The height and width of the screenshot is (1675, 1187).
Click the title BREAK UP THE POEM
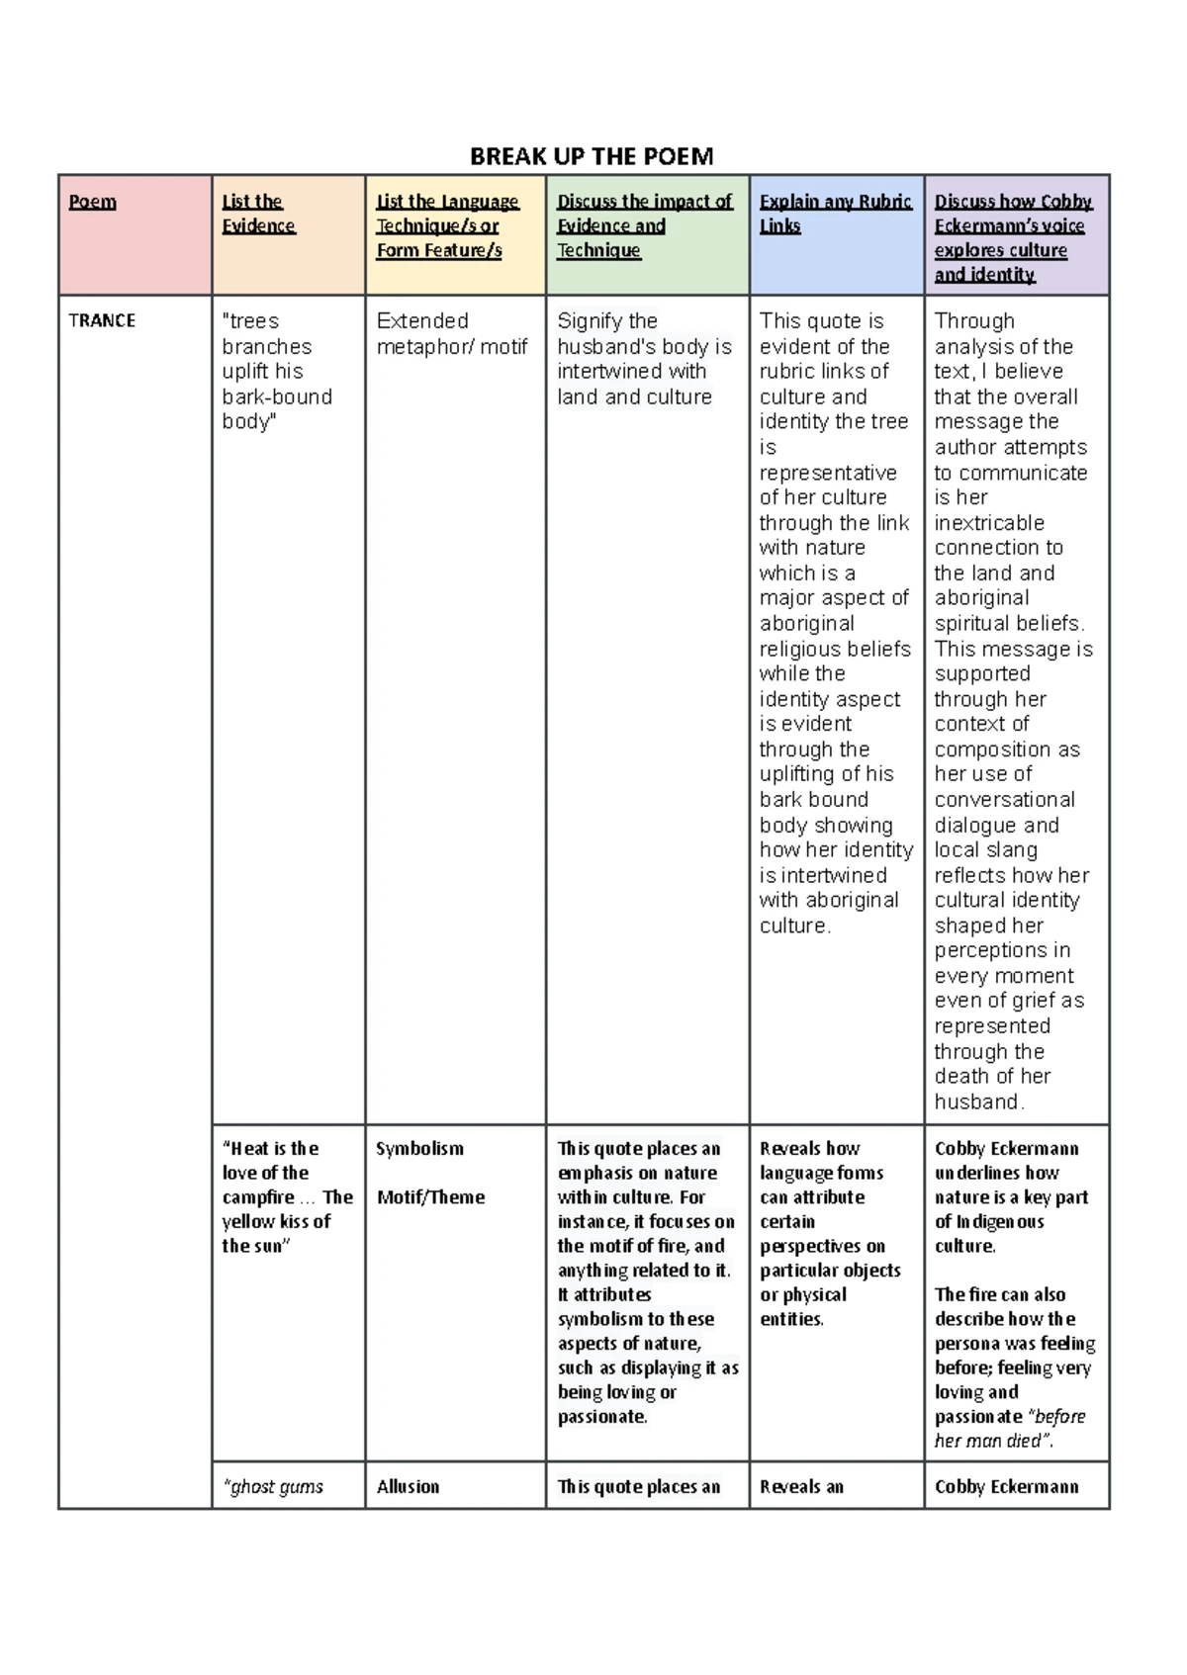[x=591, y=156]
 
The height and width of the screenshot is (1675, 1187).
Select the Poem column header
[x=92, y=202]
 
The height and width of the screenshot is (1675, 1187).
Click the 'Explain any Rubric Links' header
[x=835, y=214]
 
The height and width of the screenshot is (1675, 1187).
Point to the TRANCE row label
[x=102, y=320]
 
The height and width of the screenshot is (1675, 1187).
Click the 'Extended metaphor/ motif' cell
[x=451, y=333]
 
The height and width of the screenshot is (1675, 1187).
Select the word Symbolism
[x=419, y=1148]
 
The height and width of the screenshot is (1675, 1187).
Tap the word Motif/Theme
[x=430, y=1196]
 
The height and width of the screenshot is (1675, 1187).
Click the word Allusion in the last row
[x=408, y=1486]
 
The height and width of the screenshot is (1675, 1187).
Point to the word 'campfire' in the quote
[x=258, y=1196]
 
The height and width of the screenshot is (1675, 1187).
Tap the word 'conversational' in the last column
[x=1004, y=799]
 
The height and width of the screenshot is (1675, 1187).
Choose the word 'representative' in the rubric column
[x=828, y=472]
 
